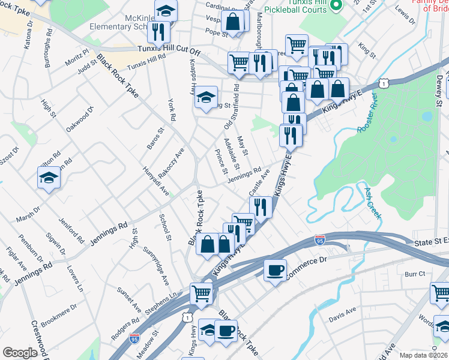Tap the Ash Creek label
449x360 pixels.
(x=371, y=202)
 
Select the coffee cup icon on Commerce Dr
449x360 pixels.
(x=275, y=270)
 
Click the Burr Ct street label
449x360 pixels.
(x=415, y=274)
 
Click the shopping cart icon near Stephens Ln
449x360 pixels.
(x=202, y=293)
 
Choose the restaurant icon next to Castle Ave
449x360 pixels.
(x=261, y=207)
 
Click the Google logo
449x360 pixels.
(x=20, y=353)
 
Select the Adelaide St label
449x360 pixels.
(x=231, y=154)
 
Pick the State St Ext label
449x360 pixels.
(x=432, y=241)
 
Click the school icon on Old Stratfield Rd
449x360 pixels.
(x=206, y=98)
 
